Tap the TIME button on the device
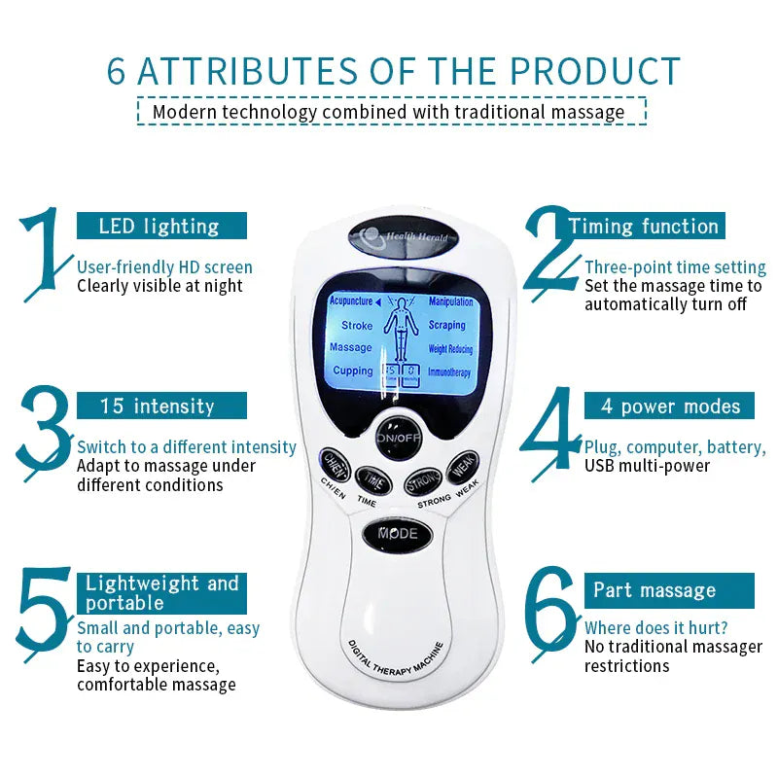pyautogui.click(x=371, y=479)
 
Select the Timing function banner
pyautogui.click(x=644, y=227)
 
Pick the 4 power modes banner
pyautogui.click(x=669, y=406)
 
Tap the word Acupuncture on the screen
pyautogui.click(x=352, y=301)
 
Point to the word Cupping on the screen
pyautogui.click(x=352, y=371)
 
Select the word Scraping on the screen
pyautogui.click(x=447, y=325)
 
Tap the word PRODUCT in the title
pyautogui.click(x=596, y=73)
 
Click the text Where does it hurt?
pyautogui.click(x=656, y=628)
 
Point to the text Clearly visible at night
pyautogui.click(x=159, y=286)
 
